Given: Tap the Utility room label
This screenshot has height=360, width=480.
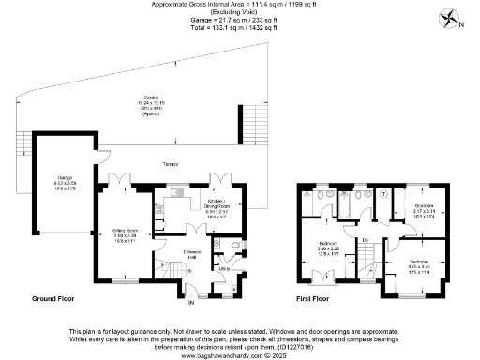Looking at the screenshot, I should (225, 269).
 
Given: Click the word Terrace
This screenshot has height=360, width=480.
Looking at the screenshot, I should (170, 164).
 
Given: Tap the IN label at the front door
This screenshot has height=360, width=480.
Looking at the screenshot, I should (191, 303).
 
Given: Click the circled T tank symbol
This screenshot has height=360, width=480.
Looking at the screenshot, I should (385, 195).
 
